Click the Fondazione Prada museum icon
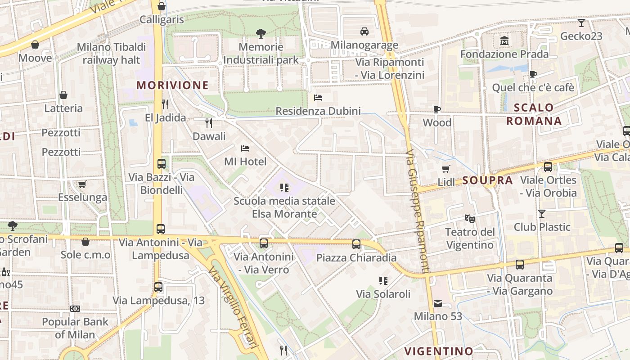click(x=504, y=40)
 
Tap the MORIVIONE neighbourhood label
click(x=172, y=85)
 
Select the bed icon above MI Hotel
click(x=245, y=148)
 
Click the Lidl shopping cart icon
click(x=446, y=169)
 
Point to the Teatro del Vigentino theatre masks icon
click(x=469, y=219)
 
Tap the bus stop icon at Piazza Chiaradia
click(x=356, y=244)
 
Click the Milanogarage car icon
click(x=364, y=31)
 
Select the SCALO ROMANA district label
click(x=534, y=114)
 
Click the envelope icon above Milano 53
click(x=438, y=303)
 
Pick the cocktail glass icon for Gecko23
click(x=581, y=23)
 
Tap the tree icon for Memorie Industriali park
click(x=261, y=33)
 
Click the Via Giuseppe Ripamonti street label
click(x=417, y=211)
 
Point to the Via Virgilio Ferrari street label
click(x=232, y=307)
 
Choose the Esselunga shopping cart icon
click(x=82, y=184)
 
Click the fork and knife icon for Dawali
click(x=209, y=123)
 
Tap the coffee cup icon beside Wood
click(x=436, y=109)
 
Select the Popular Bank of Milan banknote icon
click(x=75, y=309)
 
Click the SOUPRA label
click(x=487, y=180)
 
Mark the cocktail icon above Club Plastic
click(x=542, y=213)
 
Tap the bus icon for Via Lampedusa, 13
click(x=158, y=287)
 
